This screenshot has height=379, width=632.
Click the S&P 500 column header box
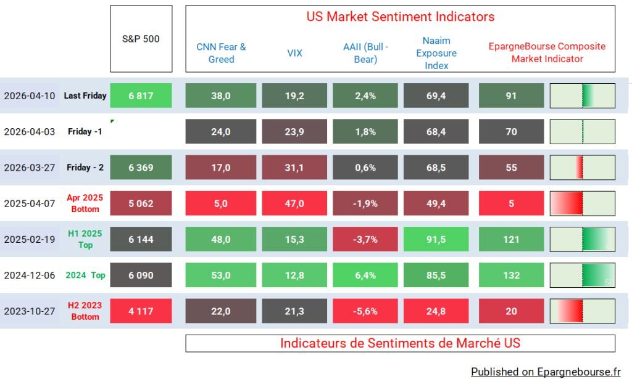coord(141,39)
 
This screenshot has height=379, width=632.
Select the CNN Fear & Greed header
coord(221,53)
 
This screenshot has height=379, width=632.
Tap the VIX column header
coord(295,53)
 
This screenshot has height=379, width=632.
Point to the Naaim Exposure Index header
coord(436,53)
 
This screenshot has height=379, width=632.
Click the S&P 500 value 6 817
coord(141,96)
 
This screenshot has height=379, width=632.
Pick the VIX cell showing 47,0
coord(295,203)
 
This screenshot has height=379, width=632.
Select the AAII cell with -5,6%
coord(365,311)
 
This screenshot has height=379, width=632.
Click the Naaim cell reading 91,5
coord(436,239)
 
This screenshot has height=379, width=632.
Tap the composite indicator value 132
coord(511,275)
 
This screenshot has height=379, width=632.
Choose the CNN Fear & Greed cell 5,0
coord(221,203)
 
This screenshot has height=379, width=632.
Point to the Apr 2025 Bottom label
coord(85,203)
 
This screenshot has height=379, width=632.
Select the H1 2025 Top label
coord(85,239)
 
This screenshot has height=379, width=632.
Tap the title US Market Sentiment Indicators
coord(400,17)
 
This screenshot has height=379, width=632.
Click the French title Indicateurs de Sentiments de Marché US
coord(400,343)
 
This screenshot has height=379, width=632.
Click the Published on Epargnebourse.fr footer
coord(546,371)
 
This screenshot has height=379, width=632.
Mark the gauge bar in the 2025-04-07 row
coord(582,203)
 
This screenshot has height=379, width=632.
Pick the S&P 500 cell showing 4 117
coord(141,311)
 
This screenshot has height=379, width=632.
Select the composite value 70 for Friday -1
coord(511,131)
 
